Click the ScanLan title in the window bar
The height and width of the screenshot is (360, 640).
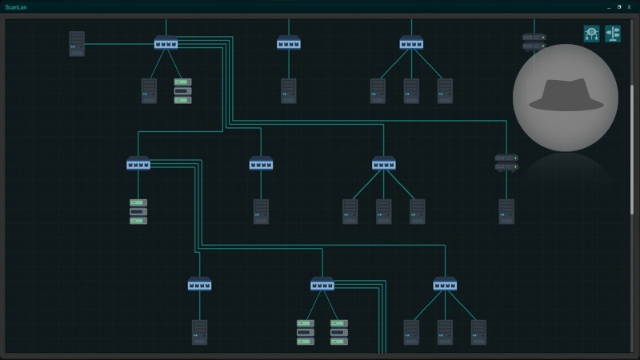point(15,6)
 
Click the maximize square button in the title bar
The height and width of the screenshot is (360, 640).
point(618,6)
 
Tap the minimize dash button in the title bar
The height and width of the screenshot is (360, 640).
point(609,6)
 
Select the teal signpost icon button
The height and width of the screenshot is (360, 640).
point(613,33)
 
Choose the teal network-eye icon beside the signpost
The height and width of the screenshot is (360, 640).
point(591,33)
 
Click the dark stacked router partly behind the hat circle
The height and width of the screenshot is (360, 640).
point(533,42)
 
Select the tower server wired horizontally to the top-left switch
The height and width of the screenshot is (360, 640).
point(77,43)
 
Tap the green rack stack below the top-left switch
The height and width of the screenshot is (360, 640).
point(183,90)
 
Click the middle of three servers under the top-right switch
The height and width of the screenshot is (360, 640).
point(411,90)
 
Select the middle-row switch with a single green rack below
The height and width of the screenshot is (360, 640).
point(138,165)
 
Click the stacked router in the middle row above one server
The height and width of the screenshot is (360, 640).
point(506,162)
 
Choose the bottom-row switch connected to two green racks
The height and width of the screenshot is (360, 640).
point(322,285)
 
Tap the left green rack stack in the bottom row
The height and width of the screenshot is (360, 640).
point(306,332)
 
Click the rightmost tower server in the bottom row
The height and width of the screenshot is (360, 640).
point(478,332)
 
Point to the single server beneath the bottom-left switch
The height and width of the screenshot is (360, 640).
point(199,332)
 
